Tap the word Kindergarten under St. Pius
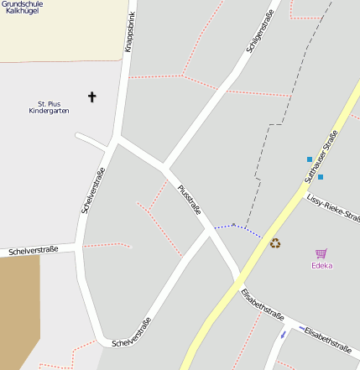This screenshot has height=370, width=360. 47,111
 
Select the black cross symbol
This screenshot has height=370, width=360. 91,98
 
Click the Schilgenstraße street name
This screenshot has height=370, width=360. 261,34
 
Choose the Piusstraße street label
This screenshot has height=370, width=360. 190,200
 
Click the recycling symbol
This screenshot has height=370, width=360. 274,243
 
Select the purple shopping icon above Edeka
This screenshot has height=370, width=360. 321,253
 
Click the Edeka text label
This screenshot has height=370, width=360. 321,266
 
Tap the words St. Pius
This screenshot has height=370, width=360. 48,102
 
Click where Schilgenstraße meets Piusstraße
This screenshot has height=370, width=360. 164,168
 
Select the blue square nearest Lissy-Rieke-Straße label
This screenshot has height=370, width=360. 320,176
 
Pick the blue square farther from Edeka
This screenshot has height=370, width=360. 309,159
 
